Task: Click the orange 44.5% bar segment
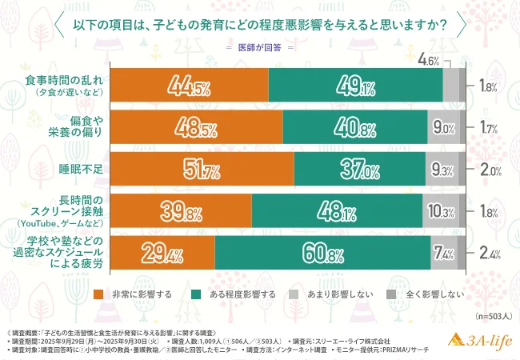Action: (x=189, y=85)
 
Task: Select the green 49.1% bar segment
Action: (x=355, y=85)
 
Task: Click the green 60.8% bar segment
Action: (x=322, y=254)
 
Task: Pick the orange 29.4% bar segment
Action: (x=162, y=254)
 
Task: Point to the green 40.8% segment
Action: (x=355, y=127)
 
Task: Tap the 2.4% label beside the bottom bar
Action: (x=490, y=255)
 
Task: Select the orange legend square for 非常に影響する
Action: (x=99, y=294)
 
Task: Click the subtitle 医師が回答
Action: (x=260, y=47)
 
